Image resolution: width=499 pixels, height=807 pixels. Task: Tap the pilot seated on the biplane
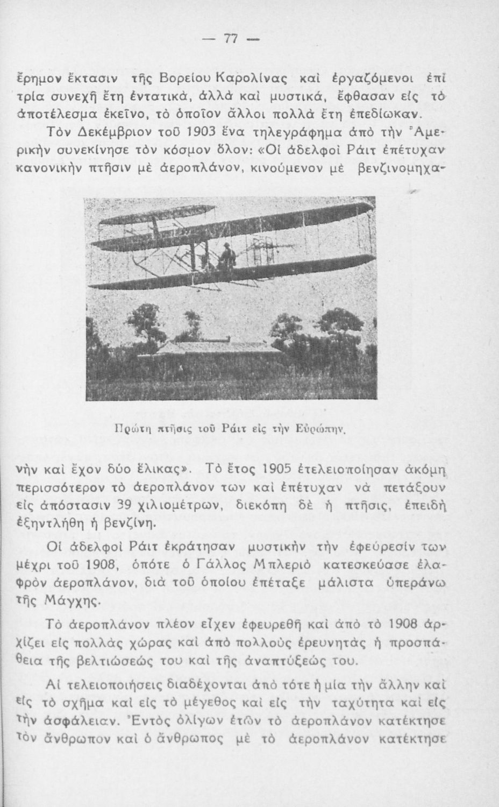(227, 254)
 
